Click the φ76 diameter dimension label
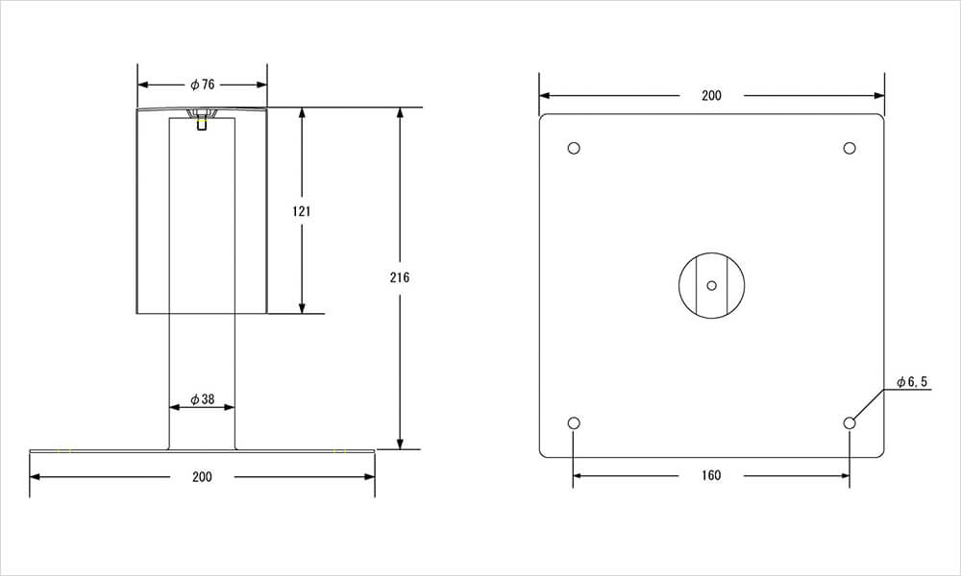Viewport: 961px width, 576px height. click(202, 84)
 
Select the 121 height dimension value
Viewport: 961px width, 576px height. click(302, 212)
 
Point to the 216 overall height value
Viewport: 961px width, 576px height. click(400, 277)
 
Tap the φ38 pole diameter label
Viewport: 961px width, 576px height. click(202, 399)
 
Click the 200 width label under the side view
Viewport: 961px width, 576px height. click(202, 477)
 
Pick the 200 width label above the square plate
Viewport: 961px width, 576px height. click(711, 95)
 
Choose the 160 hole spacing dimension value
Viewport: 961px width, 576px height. click(711, 475)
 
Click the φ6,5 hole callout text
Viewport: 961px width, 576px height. click(912, 383)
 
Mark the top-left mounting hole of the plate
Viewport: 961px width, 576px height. click(574, 148)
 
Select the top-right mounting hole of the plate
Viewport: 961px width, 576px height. click(850, 148)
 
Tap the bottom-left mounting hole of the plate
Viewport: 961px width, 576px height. click(574, 423)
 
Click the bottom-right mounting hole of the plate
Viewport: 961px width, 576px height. click(850, 423)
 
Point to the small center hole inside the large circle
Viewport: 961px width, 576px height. click(711, 285)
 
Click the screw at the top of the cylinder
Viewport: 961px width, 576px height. click(202, 118)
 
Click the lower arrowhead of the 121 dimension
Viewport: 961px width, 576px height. click(302, 307)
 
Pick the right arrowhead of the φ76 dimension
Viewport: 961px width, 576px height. click(260, 85)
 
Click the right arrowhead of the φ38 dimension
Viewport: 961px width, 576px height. click(229, 407)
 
